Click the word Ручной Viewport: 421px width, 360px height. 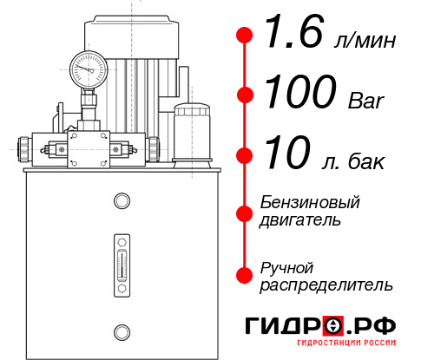click(x=286, y=267)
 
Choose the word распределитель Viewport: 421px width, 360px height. click(x=326, y=285)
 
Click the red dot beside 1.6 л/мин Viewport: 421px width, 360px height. click(x=245, y=36)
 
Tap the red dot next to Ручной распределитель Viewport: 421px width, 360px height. click(x=245, y=275)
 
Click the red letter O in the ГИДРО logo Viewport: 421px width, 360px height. click(x=334, y=326)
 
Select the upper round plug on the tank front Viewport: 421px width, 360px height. click(x=121, y=202)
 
